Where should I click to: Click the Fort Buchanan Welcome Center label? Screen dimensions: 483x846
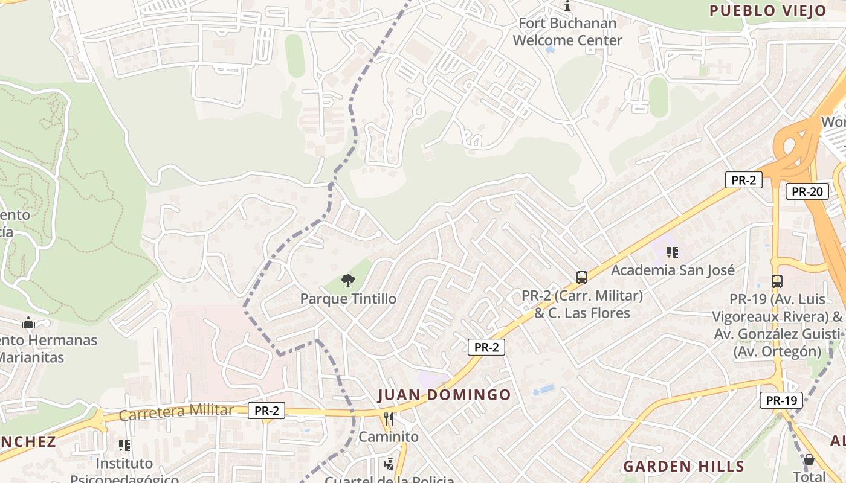(x=567, y=32)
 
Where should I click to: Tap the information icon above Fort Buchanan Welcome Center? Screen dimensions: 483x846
(x=567, y=6)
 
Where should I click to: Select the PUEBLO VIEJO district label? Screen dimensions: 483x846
(x=767, y=10)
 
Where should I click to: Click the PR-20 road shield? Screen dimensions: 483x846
(x=807, y=192)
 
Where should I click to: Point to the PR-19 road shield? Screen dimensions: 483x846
(x=781, y=400)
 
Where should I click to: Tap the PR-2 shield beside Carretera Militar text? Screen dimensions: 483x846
(x=266, y=411)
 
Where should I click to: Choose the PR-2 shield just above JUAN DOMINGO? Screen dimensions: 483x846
(x=486, y=347)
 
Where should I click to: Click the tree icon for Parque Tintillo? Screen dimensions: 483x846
(x=348, y=281)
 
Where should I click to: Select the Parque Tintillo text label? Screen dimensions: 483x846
(x=348, y=299)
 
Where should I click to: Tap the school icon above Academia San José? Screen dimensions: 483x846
(x=673, y=252)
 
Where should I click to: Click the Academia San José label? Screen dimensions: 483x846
(x=673, y=270)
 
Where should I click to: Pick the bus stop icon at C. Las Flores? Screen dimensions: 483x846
(x=582, y=278)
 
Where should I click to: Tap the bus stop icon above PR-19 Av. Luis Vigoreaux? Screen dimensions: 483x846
(x=777, y=281)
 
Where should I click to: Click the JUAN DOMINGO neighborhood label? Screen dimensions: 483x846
(x=444, y=395)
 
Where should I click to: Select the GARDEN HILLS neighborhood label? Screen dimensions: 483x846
(x=683, y=466)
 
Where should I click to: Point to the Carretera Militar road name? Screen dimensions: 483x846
(x=176, y=412)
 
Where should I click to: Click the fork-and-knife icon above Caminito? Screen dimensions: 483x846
(x=389, y=418)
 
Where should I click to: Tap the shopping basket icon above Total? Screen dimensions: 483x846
(x=809, y=460)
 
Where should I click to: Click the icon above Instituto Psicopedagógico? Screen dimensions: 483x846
(x=124, y=446)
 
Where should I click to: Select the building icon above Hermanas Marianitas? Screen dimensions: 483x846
(x=28, y=323)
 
